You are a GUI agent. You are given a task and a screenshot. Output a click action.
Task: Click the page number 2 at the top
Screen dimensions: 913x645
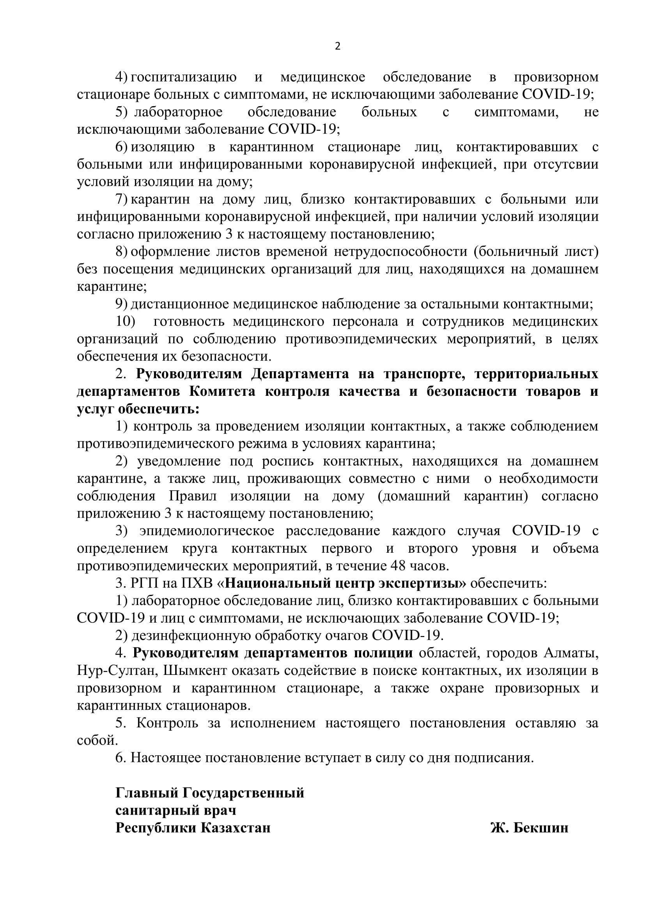338,47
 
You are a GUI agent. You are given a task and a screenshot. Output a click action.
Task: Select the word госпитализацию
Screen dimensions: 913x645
184,77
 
